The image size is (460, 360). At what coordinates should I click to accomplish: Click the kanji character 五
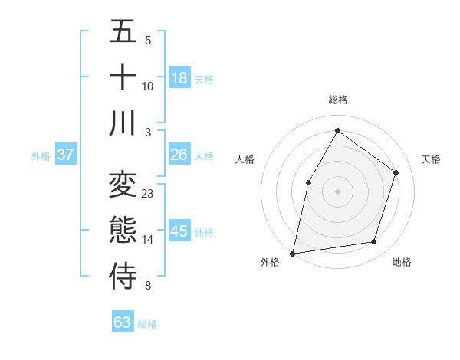(123, 32)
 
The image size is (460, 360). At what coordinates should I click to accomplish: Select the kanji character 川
(123, 123)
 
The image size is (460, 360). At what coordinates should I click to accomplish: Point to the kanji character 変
(123, 185)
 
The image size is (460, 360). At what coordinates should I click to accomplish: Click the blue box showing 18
(179, 78)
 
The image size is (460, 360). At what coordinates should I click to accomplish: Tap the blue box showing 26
(179, 155)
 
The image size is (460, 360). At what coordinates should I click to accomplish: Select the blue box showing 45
(179, 231)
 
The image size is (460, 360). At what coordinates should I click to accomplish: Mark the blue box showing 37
(65, 155)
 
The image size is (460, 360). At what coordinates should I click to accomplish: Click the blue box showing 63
(122, 322)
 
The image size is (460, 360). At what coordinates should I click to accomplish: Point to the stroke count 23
(148, 194)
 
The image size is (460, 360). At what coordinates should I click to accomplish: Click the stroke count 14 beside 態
(148, 240)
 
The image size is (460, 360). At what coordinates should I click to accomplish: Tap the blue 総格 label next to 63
(147, 324)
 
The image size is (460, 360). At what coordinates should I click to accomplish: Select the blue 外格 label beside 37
(41, 156)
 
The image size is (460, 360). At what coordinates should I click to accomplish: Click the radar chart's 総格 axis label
(337, 100)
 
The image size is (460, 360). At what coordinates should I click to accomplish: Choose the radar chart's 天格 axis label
(431, 159)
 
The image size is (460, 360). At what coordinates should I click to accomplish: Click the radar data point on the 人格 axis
(309, 182)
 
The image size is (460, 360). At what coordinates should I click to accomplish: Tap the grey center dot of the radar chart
(337, 191)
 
